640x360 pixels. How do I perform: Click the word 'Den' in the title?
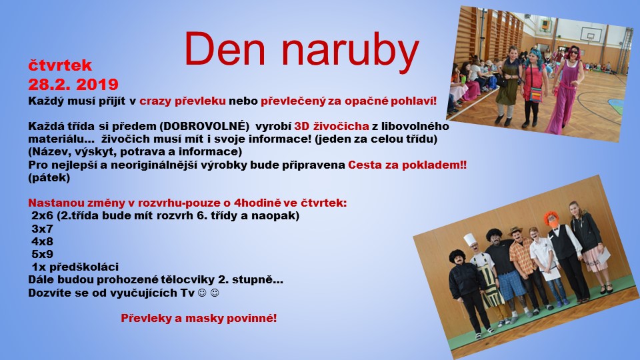point(225,48)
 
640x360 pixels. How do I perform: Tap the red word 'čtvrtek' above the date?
point(60,65)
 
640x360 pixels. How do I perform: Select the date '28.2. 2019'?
point(73,85)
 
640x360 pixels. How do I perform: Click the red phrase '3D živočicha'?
point(331,126)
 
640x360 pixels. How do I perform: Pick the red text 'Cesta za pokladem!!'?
point(407,165)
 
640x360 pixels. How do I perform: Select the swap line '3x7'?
point(42,229)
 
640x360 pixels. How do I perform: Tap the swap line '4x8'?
point(42,241)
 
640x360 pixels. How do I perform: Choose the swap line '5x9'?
point(42,254)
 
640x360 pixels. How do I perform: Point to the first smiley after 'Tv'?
point(202,293)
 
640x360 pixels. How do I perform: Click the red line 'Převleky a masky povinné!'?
point(199,319)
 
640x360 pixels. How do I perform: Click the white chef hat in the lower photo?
point(470,239)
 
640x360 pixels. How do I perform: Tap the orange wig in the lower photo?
point(550,217)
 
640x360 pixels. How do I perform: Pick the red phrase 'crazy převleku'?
point(183,101)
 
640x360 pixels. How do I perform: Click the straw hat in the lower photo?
point(515,231)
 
